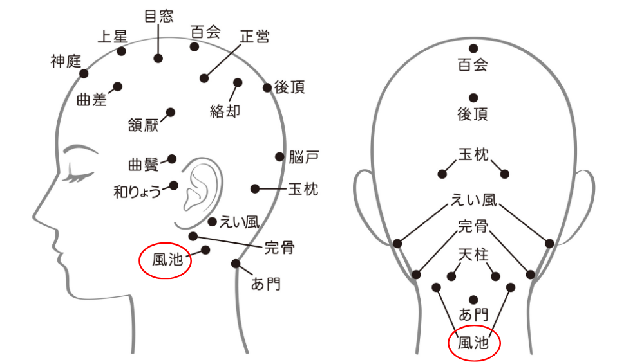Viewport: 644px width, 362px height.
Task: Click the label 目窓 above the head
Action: pos(159,17)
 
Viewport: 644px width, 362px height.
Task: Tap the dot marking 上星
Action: pos(121,51)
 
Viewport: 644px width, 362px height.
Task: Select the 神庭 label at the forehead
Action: pos(66,62)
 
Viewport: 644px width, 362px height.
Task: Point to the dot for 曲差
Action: pos(117,87)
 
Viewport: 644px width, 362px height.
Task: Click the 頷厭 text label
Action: pos(143,125)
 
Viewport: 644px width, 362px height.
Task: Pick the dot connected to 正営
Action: pos(204,78)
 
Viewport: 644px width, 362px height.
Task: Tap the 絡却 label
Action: pos(225,111)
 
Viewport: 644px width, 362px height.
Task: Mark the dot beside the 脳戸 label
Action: pos(279,157)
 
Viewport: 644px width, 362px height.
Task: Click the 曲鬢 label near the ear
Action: pos(144,165)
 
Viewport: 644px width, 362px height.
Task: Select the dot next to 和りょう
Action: pos(174,186)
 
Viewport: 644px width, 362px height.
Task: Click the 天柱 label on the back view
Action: pos(473,255)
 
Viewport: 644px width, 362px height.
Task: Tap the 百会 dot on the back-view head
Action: pos(473,48)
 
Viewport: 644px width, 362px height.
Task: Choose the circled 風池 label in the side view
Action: pos(167,260)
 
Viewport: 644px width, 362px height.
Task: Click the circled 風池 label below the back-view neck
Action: pos(473,343)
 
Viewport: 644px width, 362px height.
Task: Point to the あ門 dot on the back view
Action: pos(473,300)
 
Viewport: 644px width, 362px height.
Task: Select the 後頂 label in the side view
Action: pos(290,87)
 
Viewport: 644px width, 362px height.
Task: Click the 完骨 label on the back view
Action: pos(473,226)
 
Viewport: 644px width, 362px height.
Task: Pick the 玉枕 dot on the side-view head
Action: pos(255,188)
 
